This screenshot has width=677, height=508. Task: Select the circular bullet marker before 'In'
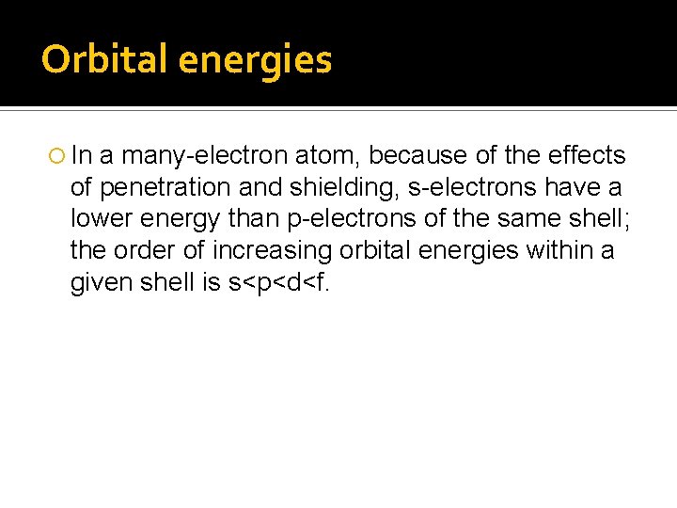pyautogui.click(x=54, y=155)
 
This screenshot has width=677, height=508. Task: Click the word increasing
pyautogui.click(x=273, y=251)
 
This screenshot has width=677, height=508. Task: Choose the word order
pyautogui.click(x=147, y=251)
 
